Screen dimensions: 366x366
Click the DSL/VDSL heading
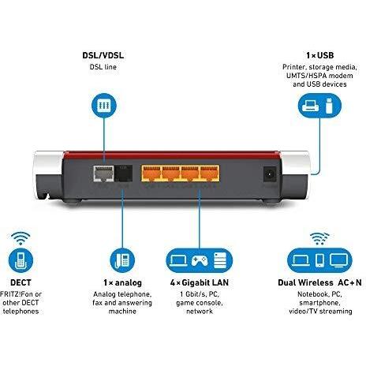coord(103,55)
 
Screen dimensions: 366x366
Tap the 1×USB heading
coord(319,55)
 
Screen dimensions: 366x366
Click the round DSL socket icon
coord(104,106)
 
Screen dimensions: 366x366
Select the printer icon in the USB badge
coord(310,106)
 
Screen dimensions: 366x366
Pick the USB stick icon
coord(329,106)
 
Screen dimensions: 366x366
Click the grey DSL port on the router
coord(103,174)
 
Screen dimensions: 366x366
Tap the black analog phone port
coord(123,173)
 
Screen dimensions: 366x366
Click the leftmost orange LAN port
coord(151,174)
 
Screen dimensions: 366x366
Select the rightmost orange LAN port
coord(210,174)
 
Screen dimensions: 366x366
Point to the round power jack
coord(270,174)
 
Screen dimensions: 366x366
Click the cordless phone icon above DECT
coord(21,260)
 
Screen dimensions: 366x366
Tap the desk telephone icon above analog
coord(122,260)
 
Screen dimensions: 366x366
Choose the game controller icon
coord(199,260)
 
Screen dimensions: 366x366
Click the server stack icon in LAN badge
coord(220,260)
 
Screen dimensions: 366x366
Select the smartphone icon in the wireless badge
coord(319,260)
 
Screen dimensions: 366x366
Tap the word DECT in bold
coord(21,282)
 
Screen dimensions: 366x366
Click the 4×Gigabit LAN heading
coord(200,282)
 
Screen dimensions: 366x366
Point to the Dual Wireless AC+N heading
coord(319,282)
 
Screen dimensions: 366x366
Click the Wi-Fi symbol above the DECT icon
coord(21,238)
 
